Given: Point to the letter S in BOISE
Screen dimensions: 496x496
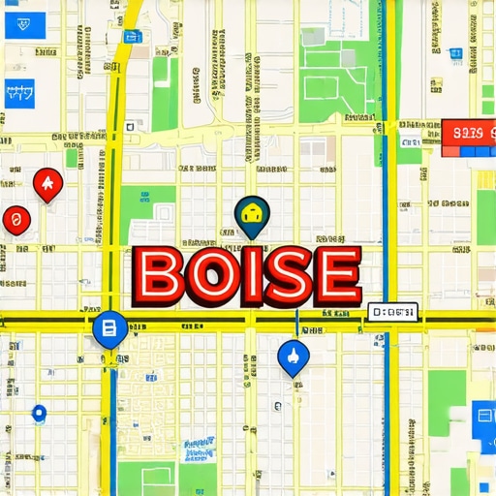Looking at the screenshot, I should pos(286,274).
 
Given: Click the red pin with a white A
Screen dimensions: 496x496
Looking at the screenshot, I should pos(46,183).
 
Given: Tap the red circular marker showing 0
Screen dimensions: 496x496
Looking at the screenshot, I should pos(13,220).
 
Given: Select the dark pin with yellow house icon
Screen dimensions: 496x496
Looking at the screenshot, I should pos(252,216).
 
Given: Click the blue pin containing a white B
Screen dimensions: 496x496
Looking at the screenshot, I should pos(108,329).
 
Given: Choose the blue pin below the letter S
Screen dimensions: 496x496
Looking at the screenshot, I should pos(292,356).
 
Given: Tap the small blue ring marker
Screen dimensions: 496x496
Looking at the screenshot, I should pos(38,413).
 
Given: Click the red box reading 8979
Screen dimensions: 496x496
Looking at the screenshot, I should pos(468,133).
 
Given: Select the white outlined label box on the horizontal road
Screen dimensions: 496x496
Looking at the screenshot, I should pos(391,312).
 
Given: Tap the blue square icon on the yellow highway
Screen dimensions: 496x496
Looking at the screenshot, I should pos(134,37).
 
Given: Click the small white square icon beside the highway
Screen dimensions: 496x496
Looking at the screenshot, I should pos(129,126).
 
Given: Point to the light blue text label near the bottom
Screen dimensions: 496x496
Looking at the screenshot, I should pos(199,447).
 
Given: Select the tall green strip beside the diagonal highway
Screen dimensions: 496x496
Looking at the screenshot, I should pos(165,92).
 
